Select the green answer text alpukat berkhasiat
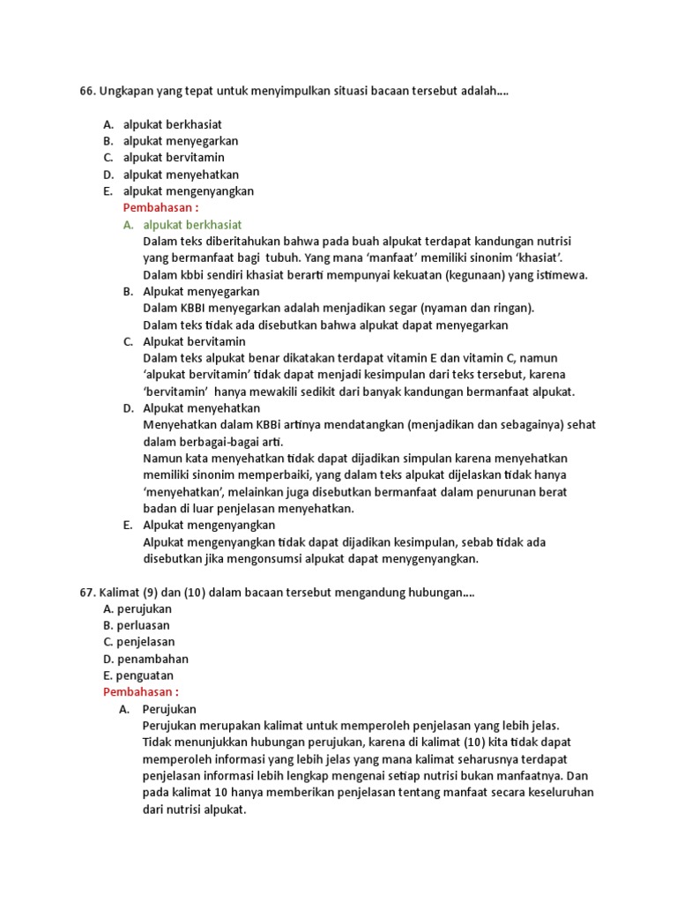pyautogui.click(x=192, y=225)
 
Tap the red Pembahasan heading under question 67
pyautogui.click(x=141, y=692)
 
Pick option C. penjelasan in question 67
pyautogui.click(x=138, y=642)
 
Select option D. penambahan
pyautogui.click(x=145, y=659)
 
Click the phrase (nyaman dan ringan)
pyautogui.click(x=477, y=308)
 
